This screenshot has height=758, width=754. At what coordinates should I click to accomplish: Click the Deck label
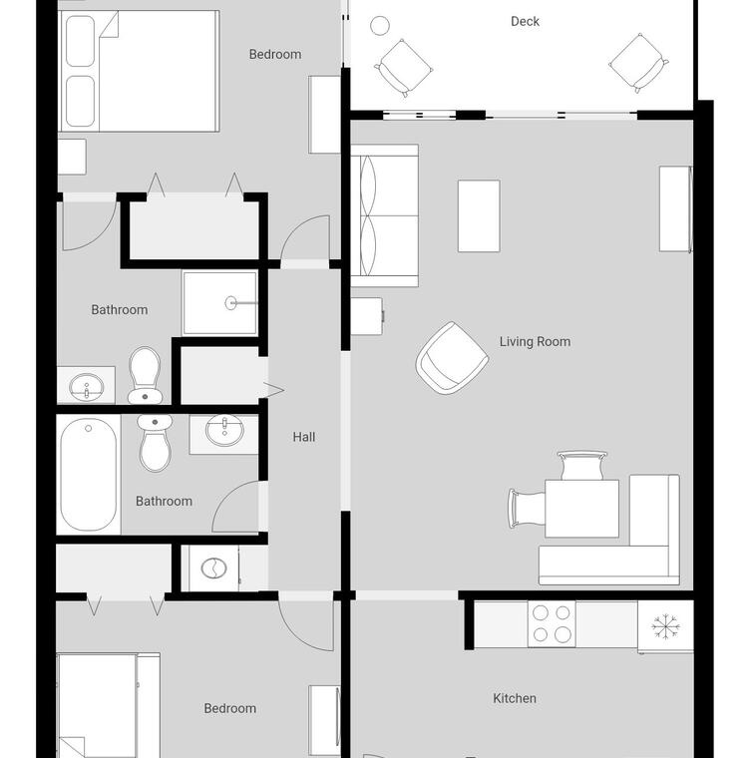point(525,21)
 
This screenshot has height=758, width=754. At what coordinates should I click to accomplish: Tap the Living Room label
point(535,342)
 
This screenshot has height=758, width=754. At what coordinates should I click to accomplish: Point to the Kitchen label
point(515,698)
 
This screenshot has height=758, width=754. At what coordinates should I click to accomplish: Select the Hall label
point(304,437)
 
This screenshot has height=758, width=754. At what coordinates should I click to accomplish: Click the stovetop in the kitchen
point(552,623)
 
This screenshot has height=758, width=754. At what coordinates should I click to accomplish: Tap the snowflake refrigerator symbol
point(665,627)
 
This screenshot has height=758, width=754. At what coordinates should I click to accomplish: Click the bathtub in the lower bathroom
point(89,474)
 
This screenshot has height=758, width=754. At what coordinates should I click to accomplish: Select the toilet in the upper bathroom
point(145,375)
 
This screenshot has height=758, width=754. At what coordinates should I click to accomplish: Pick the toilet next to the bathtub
point(155,442)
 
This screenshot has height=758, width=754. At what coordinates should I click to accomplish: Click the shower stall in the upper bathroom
point(219,303)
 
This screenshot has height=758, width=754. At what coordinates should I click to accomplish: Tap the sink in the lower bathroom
point(224,430)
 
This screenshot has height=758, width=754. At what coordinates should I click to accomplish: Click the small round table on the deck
point(380,26)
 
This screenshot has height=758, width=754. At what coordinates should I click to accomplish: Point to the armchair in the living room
point(452,358)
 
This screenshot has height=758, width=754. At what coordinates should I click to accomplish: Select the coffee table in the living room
point(479,216)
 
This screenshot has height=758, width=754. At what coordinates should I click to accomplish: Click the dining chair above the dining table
point(581,465)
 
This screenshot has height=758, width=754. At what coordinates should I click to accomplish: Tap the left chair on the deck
point(403,68)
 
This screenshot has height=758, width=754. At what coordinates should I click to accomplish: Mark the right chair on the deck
point(639,63)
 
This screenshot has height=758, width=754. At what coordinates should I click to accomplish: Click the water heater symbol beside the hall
point(213,568)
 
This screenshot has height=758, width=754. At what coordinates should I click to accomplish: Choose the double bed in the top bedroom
point(139,71)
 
